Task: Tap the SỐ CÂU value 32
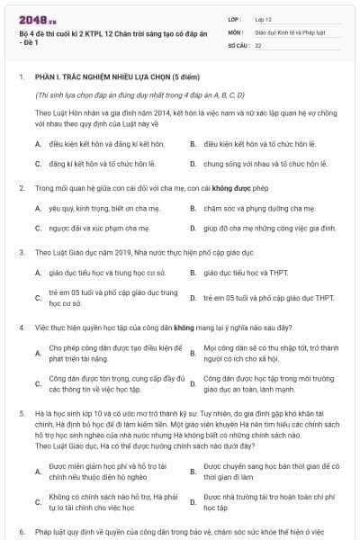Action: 258,44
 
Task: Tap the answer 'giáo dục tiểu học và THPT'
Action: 246,271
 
